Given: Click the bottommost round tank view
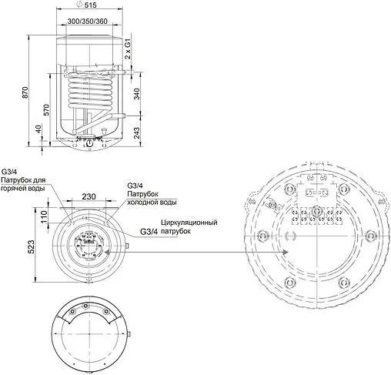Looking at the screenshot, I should point(91,336).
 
